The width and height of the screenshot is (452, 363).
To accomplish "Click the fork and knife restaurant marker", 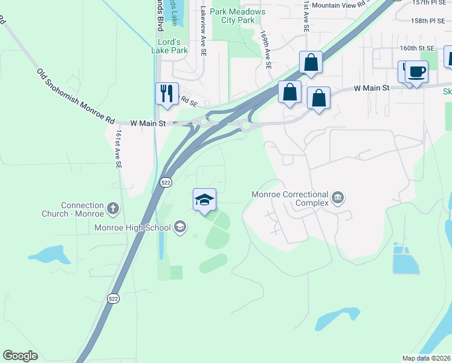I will click(167, 93).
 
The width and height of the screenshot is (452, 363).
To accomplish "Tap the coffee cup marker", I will click(416, 72).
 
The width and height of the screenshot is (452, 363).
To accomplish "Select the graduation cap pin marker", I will click(205, 200).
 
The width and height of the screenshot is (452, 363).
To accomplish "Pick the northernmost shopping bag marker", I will click(311, 62).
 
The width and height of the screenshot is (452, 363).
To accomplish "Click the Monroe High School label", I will click(133, 228).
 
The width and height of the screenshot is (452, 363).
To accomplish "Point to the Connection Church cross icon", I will click(113, 209).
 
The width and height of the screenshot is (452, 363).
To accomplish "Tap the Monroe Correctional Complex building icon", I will click(338, 197).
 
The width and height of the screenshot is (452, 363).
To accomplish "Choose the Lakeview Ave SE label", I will click(203, 32).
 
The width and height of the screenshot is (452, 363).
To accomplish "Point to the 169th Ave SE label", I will click(265, 50).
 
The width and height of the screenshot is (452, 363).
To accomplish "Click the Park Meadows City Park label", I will click(237, 16).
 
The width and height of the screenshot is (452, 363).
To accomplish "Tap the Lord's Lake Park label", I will click(169, 46).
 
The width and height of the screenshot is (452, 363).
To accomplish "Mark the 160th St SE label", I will click(416, 48).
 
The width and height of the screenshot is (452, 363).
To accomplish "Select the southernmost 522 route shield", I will click(113, 298).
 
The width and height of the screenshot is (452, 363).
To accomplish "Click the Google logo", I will click(20, 356).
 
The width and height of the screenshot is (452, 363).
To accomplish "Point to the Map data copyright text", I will click(426, 358).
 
